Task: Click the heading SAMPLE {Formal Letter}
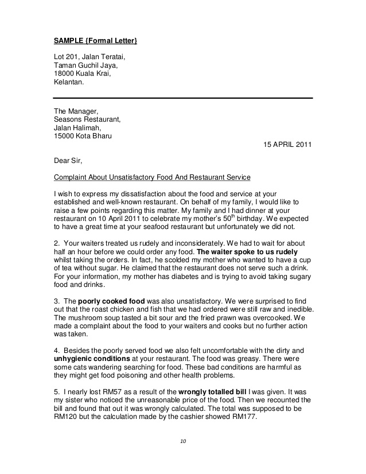pyautogui.click(x=95, y=41)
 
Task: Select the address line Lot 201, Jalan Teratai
pyautogui.click(x=89, y=57)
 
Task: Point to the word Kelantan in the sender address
pyautogui.click(x=68, y=82)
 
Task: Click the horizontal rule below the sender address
pyautogui.click(x=182, y=98)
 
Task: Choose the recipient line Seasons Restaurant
pyautogui.click(x=87, y=119)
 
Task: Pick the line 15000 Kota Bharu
pyautogui.click(x=83, y=136)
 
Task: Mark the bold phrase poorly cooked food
pyautogui.click(x=111, y=301)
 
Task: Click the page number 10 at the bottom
pyautogui.click(x=182, y=441)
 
